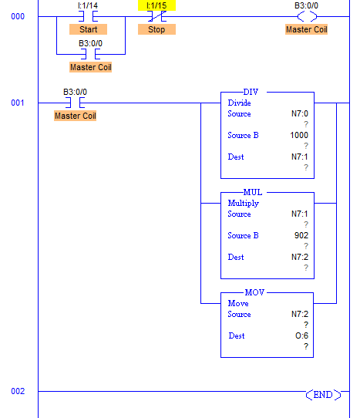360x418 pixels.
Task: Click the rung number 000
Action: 18,16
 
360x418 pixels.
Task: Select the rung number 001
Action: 18,103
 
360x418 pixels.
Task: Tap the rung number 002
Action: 18,391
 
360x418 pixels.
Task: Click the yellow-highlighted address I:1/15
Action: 156,5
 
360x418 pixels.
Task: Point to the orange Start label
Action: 88,29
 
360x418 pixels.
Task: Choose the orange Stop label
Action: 156,29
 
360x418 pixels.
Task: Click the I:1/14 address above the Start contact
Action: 88,5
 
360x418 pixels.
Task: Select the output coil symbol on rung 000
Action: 307,16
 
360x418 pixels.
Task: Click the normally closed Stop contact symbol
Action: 157,16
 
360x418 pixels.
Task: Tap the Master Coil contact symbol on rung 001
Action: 75,103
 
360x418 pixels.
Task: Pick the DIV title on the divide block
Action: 251,92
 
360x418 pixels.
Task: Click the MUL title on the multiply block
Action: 253,192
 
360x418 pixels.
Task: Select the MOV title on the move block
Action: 254,292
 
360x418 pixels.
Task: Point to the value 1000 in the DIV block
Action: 299,135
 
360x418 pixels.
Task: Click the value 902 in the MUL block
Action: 301,235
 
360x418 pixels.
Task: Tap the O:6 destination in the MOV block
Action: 301,335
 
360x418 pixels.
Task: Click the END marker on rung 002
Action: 323,395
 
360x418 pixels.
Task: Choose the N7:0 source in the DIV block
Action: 300,114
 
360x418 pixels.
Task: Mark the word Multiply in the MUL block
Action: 244,204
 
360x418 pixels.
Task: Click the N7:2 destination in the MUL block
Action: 300,257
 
